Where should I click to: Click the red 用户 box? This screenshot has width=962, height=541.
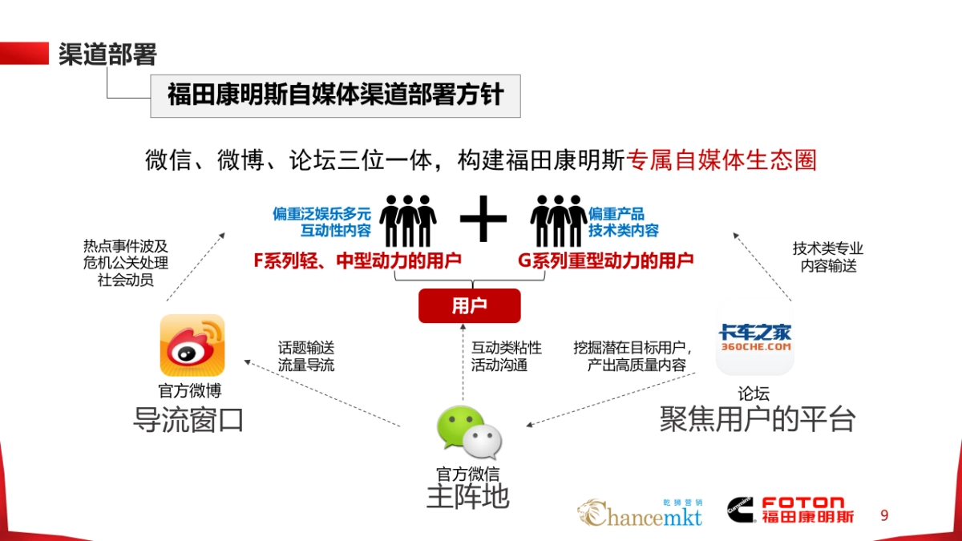pyautogui.click(x=469, y=305)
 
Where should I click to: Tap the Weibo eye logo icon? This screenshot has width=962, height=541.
pyautogui.click(x=192, y=345)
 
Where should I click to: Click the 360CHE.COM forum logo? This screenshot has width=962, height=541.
pyautogui.click(x=754, y=340)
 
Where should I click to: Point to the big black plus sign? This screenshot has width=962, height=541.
pyautogui.click(x=483, y=217)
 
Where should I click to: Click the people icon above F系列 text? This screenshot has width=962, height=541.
pyautogui.click(x=407, y=220)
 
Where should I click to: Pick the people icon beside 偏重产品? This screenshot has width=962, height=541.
pyautogui.click(x=558, y=220)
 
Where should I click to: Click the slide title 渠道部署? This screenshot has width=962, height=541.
pyautogui.click(x=107, y=54)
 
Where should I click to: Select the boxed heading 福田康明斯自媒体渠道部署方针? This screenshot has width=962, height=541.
pyautogui.click(x=335, y=95)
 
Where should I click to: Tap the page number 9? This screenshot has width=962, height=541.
pyautogui.click(x=884, y=515)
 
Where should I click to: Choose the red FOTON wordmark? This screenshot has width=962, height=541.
pyautogui.click(x=802, y=503)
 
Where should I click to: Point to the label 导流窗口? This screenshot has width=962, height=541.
pyautogui.click(x=188, y=420)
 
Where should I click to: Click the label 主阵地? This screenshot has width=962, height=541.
pyautogui.click(x=467, y=497)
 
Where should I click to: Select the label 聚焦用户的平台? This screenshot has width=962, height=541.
pyautogui.click(x=758, y=419)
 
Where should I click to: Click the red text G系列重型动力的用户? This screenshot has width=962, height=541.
pyautogui.click(x=605, y=260)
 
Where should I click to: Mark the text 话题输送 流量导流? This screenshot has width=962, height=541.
pyautogui.click(x=306, y=357)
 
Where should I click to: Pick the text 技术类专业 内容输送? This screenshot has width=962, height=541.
pyautogui.click(x=828, y=257)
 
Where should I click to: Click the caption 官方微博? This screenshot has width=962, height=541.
pyautogui.click(x=190, y=391)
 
